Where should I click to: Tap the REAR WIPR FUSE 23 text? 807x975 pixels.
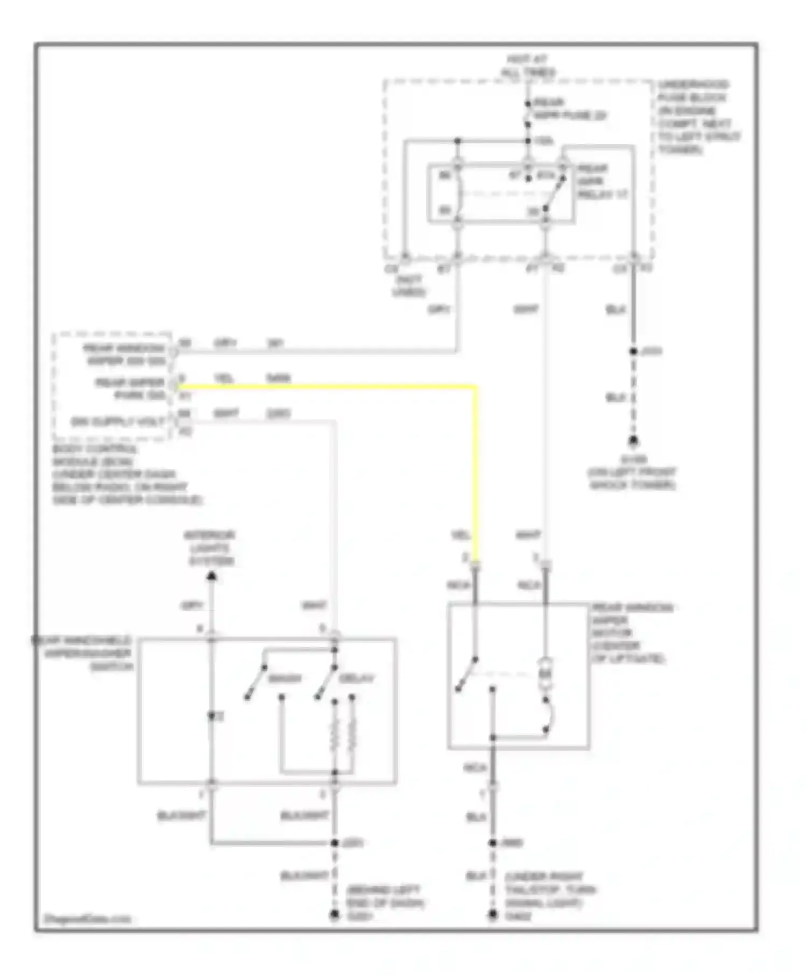569,109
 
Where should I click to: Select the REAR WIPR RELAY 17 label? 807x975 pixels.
601,181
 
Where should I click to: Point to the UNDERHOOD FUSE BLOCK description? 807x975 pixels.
698,117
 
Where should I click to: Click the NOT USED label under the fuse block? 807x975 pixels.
408,286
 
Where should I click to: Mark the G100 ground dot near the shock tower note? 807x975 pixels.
633,442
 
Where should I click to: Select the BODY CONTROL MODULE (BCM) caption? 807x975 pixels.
127,475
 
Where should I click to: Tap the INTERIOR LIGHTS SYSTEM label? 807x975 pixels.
211,548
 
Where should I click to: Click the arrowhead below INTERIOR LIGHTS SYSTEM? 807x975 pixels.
212,577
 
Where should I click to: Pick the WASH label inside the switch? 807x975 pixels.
285,679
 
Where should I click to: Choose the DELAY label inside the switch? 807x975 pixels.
356,679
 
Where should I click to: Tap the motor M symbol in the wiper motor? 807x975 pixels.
546,673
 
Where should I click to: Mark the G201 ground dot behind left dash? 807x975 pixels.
335,915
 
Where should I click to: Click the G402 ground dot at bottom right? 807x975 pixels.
493,915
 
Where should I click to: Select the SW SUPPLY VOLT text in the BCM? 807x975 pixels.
118,421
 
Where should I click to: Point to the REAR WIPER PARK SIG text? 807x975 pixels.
129,389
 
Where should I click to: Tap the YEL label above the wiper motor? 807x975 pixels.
461,535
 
